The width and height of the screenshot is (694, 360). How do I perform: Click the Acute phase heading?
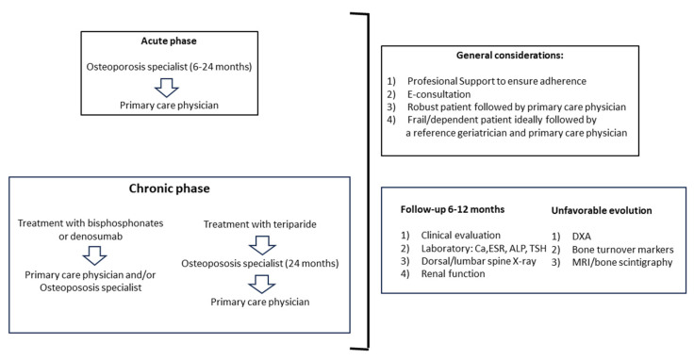(x=169, y=41)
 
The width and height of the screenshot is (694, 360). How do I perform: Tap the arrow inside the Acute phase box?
(x=166, y=88)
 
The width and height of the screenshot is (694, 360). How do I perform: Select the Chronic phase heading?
(x=170, y=188)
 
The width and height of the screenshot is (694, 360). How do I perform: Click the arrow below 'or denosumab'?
(x=94, y=255)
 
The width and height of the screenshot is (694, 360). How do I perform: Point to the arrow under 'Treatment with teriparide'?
(x=262, y=245)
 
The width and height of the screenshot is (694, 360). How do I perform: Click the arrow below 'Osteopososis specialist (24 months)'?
(x=261, y=284)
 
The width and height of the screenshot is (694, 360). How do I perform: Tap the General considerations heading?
(x=510, y=56)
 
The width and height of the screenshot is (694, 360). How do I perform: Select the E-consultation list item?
(x=439, y=94)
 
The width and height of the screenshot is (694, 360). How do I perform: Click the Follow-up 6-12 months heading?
(x=453, y=209)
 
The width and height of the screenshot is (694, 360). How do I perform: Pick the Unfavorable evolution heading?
(x=602, y=210)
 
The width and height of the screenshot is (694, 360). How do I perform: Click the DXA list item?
(x=582, y=237)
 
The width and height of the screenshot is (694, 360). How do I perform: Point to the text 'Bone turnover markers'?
(x=622, y=250)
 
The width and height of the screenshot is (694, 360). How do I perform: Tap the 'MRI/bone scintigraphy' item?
(x=622, y=262)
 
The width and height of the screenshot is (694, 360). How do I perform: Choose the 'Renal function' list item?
(x=453, y=273)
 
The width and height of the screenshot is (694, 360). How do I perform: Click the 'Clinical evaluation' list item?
(x=461, y=236)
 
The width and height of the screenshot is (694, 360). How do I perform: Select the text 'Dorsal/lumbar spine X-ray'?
(x=478, y=261)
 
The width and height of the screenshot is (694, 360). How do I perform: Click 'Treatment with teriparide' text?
(x=260, y=224)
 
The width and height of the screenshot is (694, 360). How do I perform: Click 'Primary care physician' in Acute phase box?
(x=169, y=106)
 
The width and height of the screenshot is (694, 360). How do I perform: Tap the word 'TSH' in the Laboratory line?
(x=537, y=248)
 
